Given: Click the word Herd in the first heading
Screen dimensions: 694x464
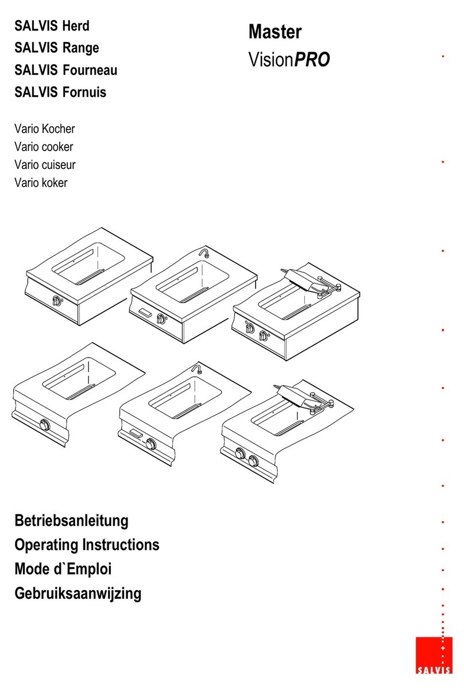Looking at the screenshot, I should pyautogui.click(x=76, y=26).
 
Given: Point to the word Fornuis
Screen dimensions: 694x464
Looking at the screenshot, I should pyautogui.click(x=84, y=92).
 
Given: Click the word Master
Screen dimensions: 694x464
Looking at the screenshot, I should pyautogui.click(x=275, y=32).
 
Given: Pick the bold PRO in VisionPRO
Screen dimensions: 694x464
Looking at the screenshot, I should pyautogui.click(x=312, y=60).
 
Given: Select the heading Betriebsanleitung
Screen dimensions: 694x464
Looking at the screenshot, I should pyautogui.click(x=71, y=521).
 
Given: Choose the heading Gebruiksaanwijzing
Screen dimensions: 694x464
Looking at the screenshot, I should pyautogui.click(x=78, y=592).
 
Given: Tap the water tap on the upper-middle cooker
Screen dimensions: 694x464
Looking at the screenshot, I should pyautogui.click(x=203, y=253).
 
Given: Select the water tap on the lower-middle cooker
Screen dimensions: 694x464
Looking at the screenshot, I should pyautogui.click(x=197, y=368).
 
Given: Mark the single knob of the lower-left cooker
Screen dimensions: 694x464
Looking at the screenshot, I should pyautogui.click(x=44, y=425).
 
